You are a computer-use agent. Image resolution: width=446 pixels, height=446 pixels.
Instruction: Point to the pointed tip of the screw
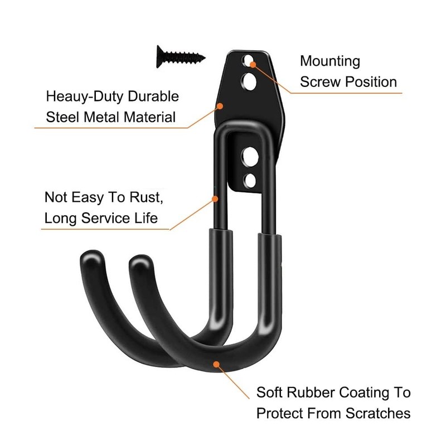205,57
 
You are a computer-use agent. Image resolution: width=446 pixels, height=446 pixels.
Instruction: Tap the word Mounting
330,61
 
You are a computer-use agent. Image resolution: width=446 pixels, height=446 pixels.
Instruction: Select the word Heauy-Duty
83,96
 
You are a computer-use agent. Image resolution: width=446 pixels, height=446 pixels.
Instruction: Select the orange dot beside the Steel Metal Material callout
221,104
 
